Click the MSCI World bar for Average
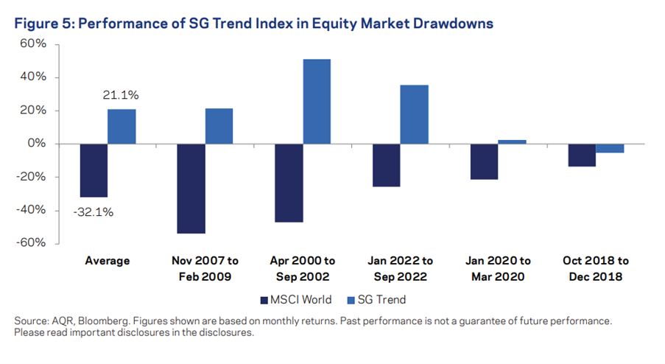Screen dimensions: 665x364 click(x=94, y=170)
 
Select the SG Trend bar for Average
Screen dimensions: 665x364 click(x=122, y=127)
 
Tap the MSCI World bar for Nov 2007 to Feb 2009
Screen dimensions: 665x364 click(x=191, y=189)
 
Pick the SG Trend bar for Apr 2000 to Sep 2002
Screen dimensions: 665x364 click(x=317, y=102)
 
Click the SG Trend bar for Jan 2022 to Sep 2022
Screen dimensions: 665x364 click(x=415, y=114)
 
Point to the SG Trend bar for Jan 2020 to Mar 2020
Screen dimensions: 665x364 click(x=513, y=142)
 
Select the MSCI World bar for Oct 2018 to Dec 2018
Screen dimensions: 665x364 click(x=582, y=155)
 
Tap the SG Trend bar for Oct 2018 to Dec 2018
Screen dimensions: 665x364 click(x=610, y=149)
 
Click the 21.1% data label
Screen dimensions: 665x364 click(x=121, y=95)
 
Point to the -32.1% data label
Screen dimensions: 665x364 click(x=94, y=212)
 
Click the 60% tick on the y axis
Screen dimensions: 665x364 click(x=33, y=43)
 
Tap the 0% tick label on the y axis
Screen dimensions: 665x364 click(x=37, y=144)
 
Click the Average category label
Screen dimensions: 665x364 click(x=108, y=261)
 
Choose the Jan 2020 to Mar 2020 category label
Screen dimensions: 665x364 click(x=498, y=268)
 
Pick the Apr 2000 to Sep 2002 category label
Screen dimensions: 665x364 click(x=303, y=268)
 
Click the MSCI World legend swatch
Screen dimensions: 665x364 click(x=264, y=301)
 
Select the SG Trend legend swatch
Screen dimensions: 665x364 click(x=351, y=301)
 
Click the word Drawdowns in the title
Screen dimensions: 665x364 click(x=454, y=24)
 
